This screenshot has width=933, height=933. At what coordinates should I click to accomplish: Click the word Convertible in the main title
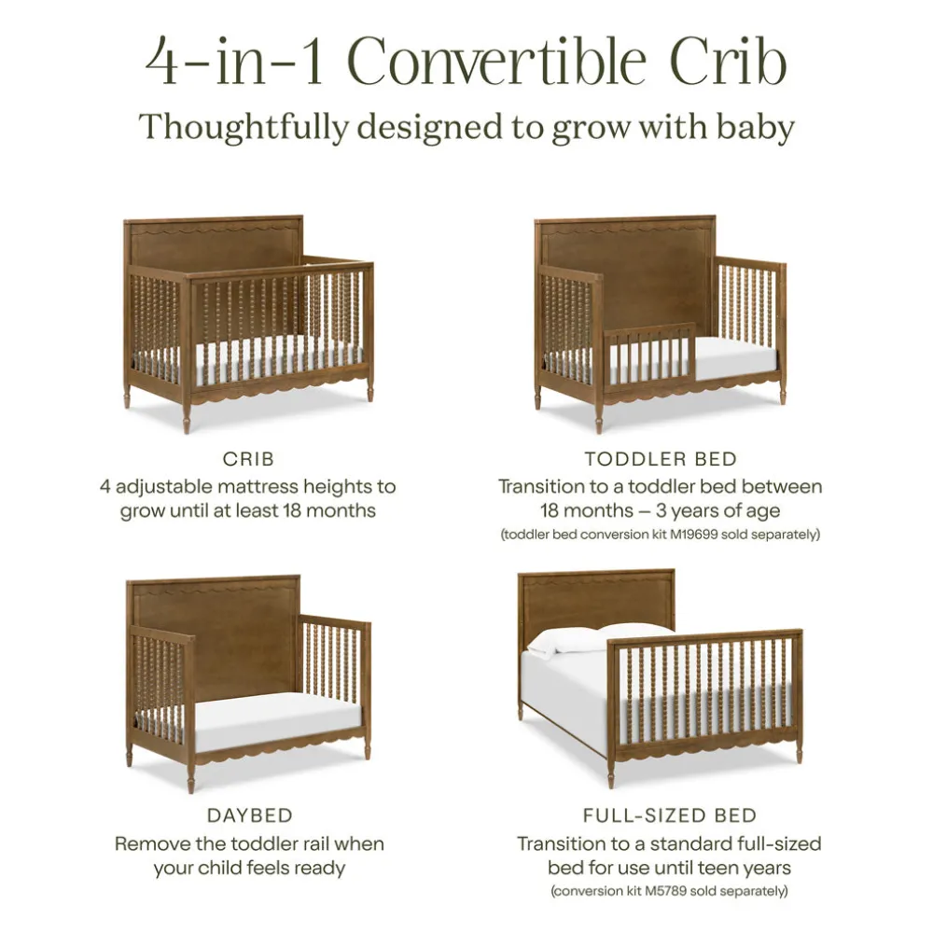click(496, 61)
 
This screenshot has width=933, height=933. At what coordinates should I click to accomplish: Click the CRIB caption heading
click(248, 459)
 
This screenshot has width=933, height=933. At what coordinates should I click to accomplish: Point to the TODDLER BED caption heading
click(661, 459)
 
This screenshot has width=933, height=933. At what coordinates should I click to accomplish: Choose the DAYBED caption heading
click(249, 815)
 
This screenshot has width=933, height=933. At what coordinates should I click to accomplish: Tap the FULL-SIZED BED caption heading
click(669, 815)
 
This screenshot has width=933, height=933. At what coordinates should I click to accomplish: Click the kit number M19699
click(694, 535)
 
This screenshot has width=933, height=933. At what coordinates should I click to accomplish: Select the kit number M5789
click(669, 891)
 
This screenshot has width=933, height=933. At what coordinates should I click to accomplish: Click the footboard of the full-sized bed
click(705, 693)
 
